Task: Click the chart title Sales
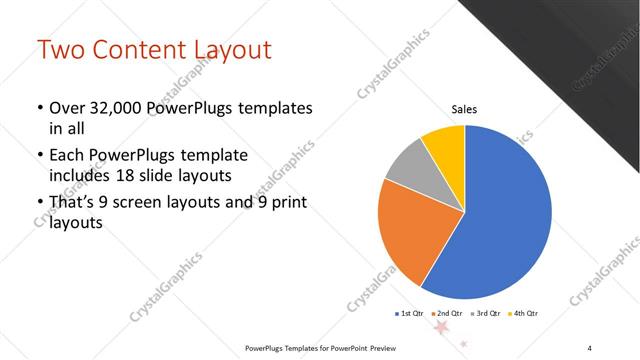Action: coord(465,111)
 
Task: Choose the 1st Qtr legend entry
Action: coord(410,314)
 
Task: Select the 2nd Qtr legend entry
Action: coord(449,314)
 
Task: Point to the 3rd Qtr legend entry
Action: coord(488,314)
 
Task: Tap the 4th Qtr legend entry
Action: coord(525,314)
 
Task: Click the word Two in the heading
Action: coord(63,49)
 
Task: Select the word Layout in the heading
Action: coord(229,49)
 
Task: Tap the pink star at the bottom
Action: coord(440,326)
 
